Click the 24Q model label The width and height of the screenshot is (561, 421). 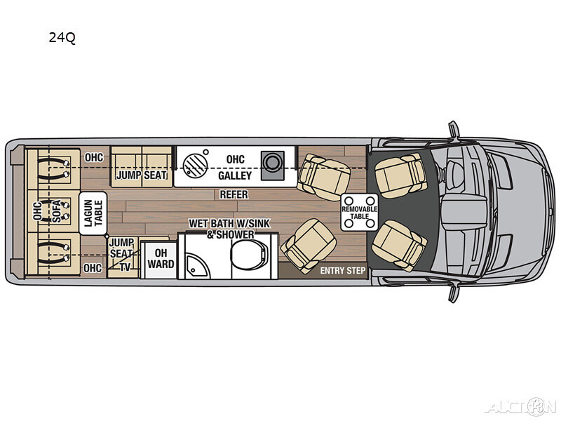(x=62, y=37)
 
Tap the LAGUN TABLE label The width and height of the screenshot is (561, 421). (x=93, y=211)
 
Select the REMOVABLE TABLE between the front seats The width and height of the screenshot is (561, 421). (x=359, y=210)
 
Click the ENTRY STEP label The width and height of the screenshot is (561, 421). (x=342, y=270)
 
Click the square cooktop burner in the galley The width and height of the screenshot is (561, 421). (x=271, y=163)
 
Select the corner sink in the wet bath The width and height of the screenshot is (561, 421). (x=191, y=265)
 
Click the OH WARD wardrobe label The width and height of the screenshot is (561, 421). (x=161, y=259)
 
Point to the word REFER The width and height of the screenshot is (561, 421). (x=234, y=194)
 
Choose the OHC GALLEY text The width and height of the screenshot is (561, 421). (x=235, y=166)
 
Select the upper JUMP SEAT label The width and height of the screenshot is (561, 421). (x=142, y=175)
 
